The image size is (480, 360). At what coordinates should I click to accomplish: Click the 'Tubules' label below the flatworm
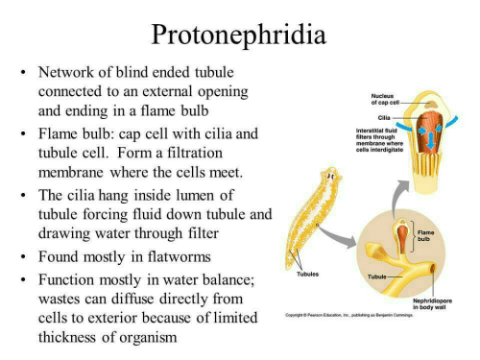306,275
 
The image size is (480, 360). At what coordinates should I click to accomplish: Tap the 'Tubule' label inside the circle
377,276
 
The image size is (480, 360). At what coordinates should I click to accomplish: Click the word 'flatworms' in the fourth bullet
178,257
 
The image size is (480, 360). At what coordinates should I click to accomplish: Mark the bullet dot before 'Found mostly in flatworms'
22,258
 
